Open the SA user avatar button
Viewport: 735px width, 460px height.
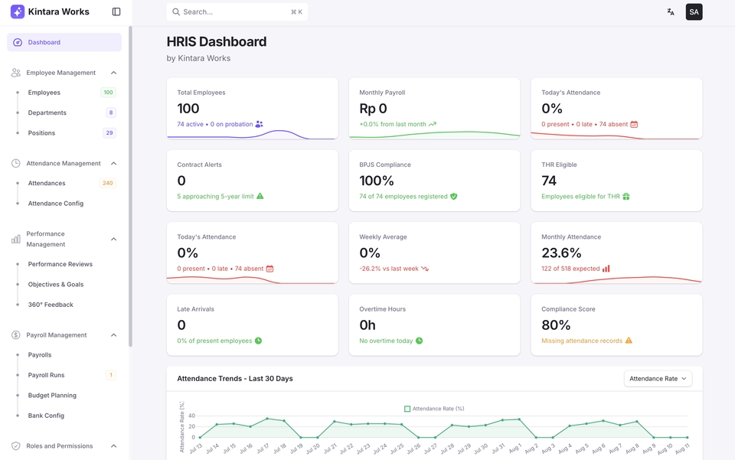(694, 12)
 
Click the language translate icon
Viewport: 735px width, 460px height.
(671, 12)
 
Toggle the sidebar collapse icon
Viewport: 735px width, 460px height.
(116, 12)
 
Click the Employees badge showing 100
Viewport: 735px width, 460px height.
(108, 93)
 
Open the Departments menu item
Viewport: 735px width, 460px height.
(47, 113)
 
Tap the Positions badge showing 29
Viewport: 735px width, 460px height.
(109, 133)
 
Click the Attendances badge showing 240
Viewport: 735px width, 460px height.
(107, 184)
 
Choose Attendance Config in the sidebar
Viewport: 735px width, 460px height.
(56, 204)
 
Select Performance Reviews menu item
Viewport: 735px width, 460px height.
(60, 264)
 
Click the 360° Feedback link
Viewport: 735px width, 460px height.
(51, 305)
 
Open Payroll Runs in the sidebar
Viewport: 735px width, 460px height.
(47, 375)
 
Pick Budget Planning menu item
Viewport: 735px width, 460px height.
(52, 396)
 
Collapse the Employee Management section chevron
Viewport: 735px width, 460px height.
(114, 73)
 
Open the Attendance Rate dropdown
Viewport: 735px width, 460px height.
(658, 379)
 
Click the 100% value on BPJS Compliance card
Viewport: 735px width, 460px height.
(377, 181)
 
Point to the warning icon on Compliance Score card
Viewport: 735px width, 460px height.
(629, 341)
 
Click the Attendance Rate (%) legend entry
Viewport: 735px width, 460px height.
(434, 409)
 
